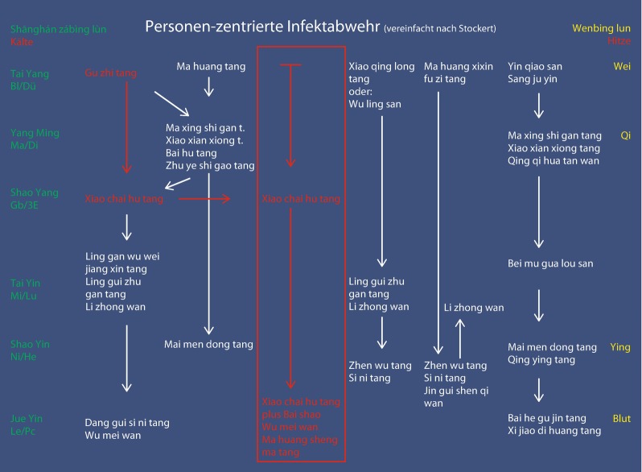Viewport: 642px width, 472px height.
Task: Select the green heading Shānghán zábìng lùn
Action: (58, 29)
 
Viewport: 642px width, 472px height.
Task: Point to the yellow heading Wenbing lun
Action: (601, 28)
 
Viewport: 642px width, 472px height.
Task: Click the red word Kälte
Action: (22, 41)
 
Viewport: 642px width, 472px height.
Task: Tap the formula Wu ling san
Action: (374, 104)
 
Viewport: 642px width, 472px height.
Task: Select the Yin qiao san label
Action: (534, 66)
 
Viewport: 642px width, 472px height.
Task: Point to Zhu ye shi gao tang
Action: (209, 166)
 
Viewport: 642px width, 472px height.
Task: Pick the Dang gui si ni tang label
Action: (127, 422)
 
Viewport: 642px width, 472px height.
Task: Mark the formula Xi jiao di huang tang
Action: (554, 431)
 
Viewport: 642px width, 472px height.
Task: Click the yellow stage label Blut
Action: (621, 419)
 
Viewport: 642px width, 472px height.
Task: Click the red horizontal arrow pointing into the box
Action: (204, 198)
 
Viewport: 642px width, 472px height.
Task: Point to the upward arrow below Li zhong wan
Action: (459, 337)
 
